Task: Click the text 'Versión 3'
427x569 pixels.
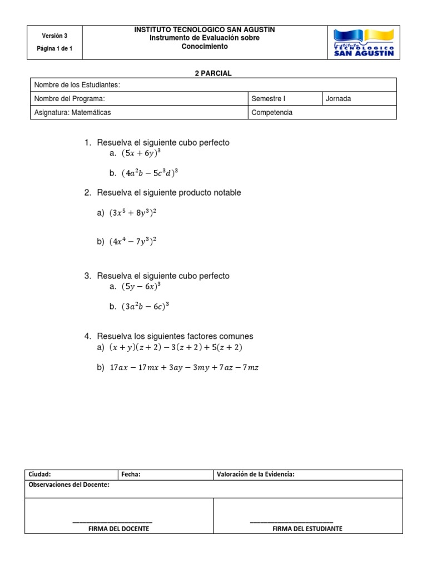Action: pyautogui.click(x=54, y=36)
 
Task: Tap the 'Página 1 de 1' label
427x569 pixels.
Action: pyautogui.click(x=54, y=49)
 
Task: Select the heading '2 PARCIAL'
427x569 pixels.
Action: pyautogui.click(x=213, y=73)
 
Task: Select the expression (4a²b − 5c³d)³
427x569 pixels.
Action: pyautogui.click(x=150, y=173)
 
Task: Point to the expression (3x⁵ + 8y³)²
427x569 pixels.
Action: pyautogui.click(x=133, y=212)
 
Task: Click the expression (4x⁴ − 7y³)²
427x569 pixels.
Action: pyautogui.click(x=133, y=241)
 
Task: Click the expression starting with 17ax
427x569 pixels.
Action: pyautogui.click(x=185, y=367)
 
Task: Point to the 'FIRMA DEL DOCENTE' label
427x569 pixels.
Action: pyautogui.click(x=118, y=528)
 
